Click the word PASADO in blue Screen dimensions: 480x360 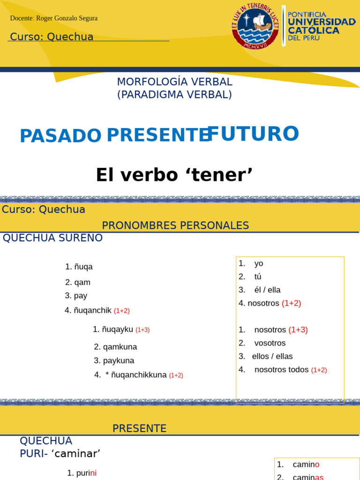(60, 136)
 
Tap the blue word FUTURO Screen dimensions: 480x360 (253, 134)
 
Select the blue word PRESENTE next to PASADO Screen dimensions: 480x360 (157, 135)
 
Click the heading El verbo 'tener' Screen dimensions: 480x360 (174, 175)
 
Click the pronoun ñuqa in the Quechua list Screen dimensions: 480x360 (83, 267)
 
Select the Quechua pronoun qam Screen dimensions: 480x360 (82, 283)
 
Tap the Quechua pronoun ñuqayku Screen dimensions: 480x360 (118, 330)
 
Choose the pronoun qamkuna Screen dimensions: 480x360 (120, 347)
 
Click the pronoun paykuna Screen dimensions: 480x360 (119, 361)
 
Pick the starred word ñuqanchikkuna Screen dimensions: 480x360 (139, 375)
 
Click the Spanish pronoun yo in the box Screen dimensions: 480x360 (259, 264)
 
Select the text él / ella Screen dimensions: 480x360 (267, 290)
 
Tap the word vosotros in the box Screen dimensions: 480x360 (270, 343)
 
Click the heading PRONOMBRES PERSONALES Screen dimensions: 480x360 (175, 225)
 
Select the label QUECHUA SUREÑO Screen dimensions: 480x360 (52, 238)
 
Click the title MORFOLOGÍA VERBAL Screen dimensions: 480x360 (174, 82)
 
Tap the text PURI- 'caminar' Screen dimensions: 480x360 (60, 453)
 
